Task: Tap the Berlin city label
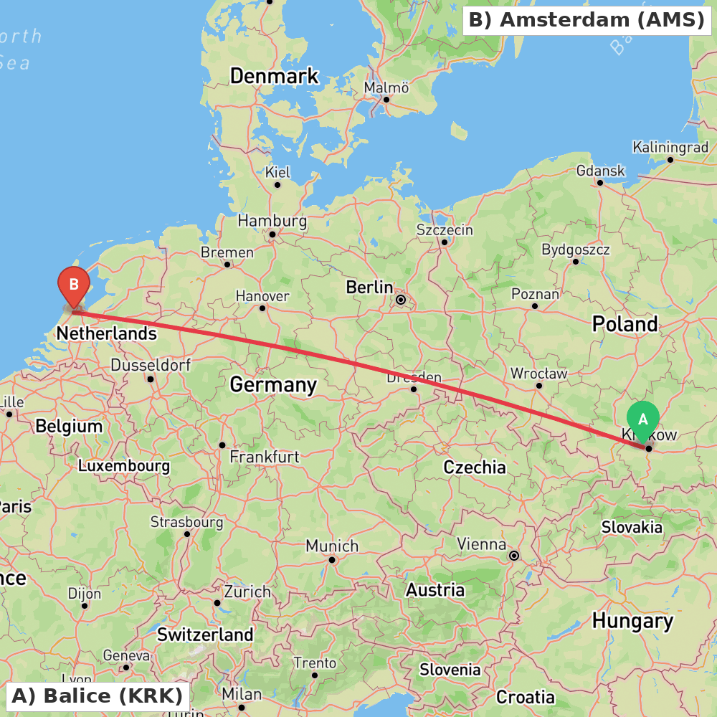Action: tap(369, 288)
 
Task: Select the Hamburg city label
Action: tap(272, 221)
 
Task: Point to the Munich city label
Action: tap(332, 546)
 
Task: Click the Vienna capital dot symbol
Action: tap(514, 556)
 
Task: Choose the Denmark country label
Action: tap(274, 76)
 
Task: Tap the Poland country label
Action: tap(625, 325)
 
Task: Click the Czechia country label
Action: tap(475, 467)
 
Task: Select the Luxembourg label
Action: tap(124, 466)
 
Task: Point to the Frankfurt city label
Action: tap(265, 457)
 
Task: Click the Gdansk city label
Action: tap(601, 171)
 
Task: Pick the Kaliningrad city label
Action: tap(670, 148)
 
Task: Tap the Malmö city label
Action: tap(386, 88)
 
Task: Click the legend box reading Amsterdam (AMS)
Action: tap(587, 20)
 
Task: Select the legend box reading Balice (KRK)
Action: tap(98, 695)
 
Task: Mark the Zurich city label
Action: tap(247, 592)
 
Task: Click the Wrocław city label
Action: tap(538, 374)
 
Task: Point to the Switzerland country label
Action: tap(205, 635)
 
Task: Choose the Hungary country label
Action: tap(632, 621)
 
